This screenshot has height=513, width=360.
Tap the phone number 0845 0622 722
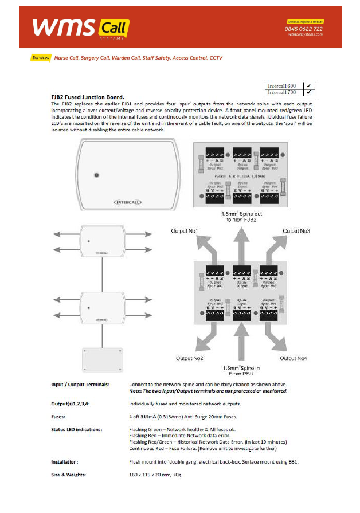tap(303, 29)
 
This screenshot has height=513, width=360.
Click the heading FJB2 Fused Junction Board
tap(88, 97)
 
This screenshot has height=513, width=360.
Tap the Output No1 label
tap(185, 230)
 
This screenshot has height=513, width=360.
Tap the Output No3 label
tap(297, 230)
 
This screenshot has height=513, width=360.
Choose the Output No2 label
tap(190, 358)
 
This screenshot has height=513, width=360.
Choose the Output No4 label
tap(293, 358)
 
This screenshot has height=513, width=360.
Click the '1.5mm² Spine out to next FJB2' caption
tap(240, 216)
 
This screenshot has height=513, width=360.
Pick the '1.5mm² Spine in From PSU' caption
tap(240, 370)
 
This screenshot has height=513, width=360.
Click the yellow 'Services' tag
tap(41, 58)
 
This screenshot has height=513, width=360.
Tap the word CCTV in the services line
tap(216, 58)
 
